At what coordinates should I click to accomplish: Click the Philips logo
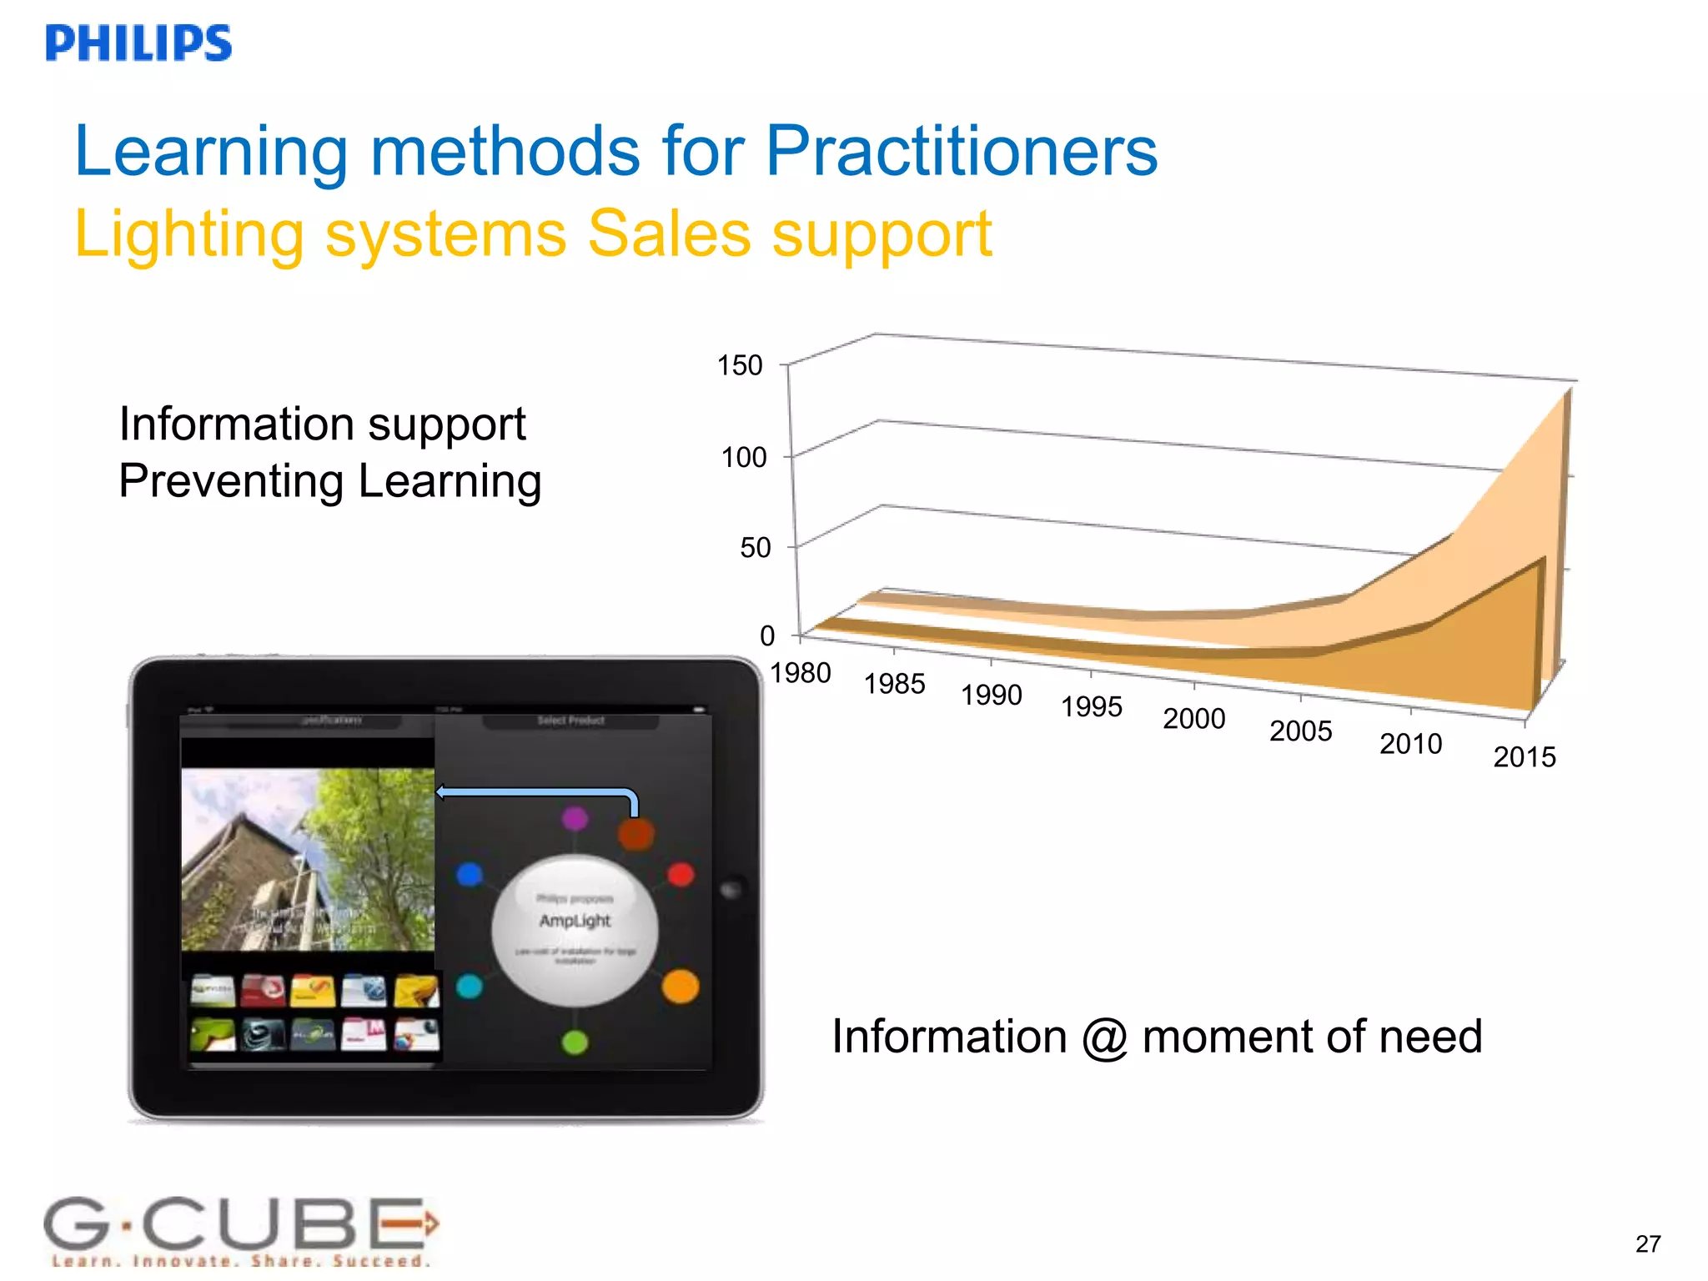click(138, 43)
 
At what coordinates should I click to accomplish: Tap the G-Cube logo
click(240, 1231)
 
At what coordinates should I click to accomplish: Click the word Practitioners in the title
click(962, 151)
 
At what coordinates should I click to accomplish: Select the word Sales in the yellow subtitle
click(669, 234)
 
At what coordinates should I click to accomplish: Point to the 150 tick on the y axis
click(740, 365)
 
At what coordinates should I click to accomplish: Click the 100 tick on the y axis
click(743, 457)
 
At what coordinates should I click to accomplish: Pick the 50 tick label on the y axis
click(755, 548)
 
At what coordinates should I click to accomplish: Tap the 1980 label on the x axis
click(800, 672)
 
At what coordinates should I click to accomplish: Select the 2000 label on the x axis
click(1193, 718)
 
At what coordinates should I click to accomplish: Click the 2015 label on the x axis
click(1524, 757)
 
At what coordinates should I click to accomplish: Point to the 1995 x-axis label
click(1091, 706)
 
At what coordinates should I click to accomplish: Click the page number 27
click(1648, 1243)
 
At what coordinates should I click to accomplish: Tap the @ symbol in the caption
click(1105, 1038)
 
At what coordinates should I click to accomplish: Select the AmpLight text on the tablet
click(575, 921)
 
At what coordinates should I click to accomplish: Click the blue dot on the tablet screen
click(470, 875)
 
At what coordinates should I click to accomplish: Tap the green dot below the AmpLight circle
click(575, 1042)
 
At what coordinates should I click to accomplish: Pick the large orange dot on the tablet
click(680, 987)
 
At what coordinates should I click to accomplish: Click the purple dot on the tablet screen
click(575, 818)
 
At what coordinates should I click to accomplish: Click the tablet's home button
click(731, 890)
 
